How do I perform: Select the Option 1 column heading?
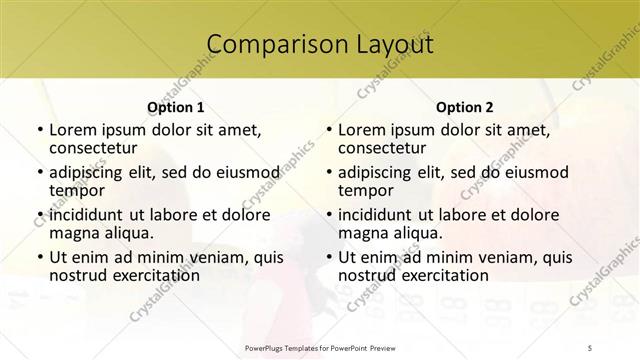[x=175, y=106]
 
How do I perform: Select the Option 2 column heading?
[x=464, y=106]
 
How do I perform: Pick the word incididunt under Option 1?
[x=86, y=215]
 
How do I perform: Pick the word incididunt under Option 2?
[x=375, y=215]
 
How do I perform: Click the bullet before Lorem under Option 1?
[x=39, y=130]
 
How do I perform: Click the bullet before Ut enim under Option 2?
[x=328, y=257]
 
